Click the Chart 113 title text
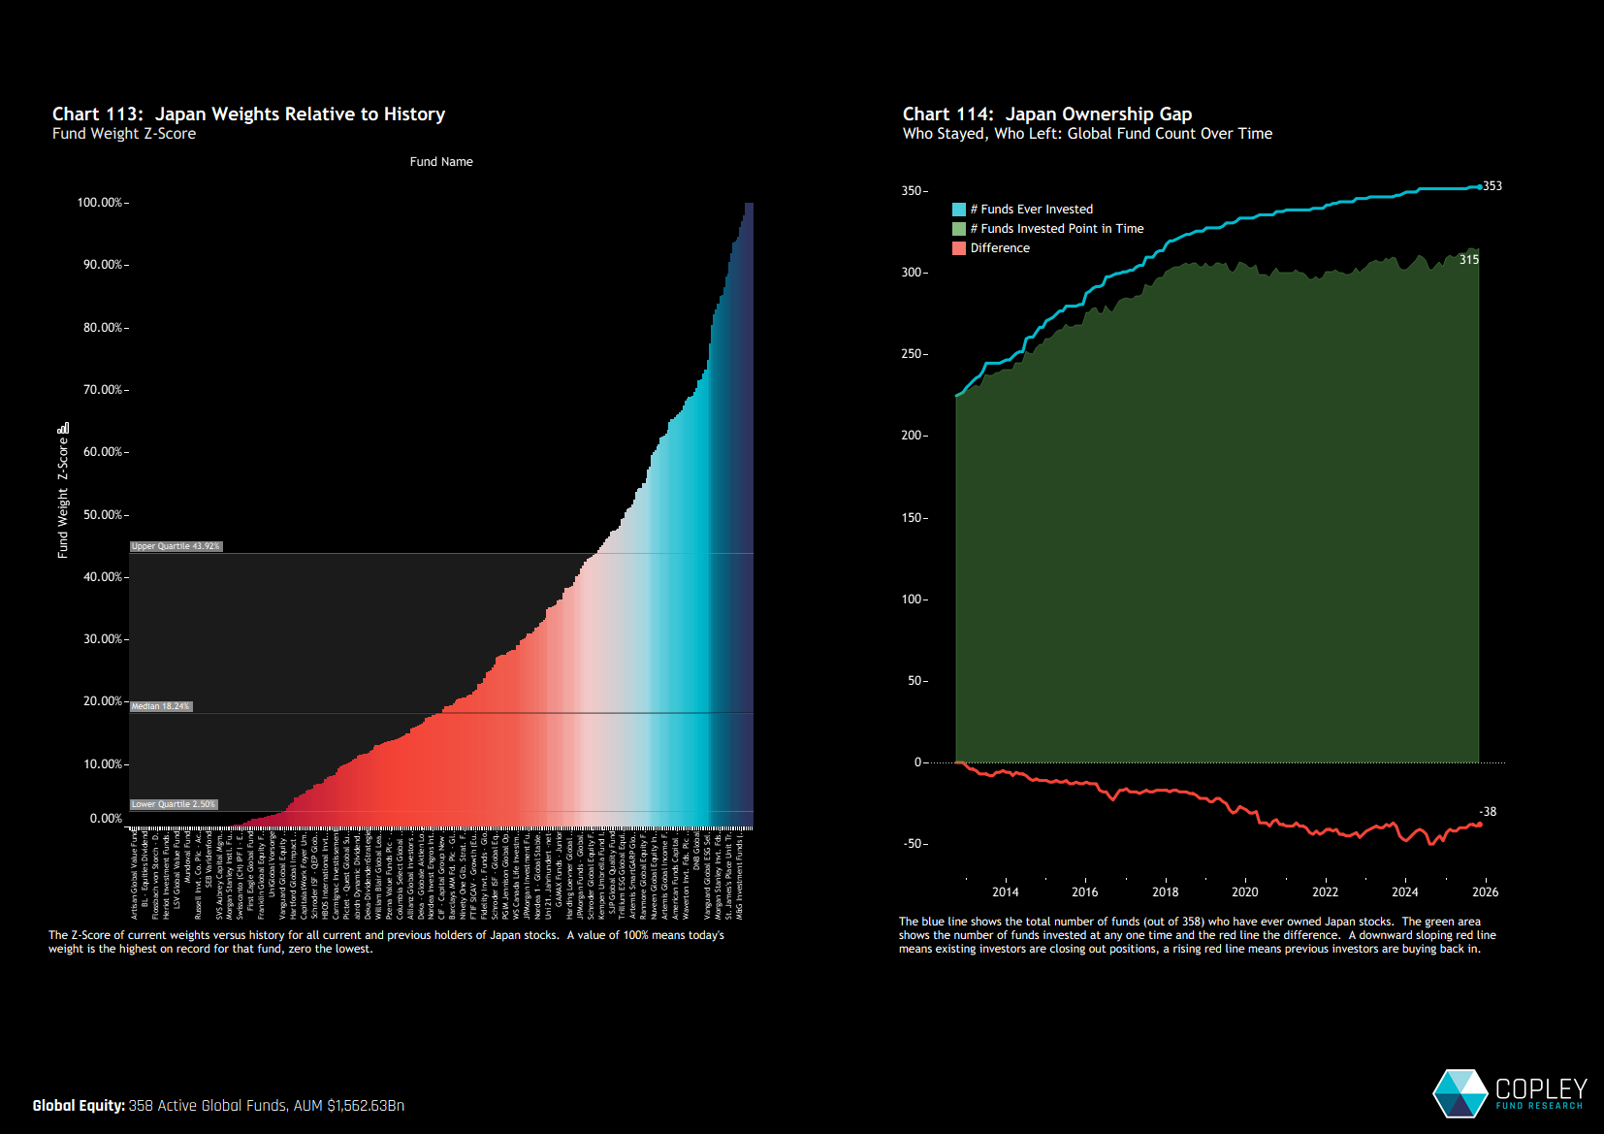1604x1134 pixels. coord(248,114)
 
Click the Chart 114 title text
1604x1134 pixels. coord(1046,114)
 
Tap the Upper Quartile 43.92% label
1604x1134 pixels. coord(176,546)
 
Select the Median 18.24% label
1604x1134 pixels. coord(161,706)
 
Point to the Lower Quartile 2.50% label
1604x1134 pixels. coord(174,804)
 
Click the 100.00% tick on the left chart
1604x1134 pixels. coord(100,203)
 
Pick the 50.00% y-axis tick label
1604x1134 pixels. coord(103,515)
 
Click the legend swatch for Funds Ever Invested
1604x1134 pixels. coord(959,210)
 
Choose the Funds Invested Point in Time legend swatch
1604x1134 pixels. coord(959,229)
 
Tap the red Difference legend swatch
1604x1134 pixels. coord(959,248)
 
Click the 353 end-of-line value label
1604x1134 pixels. coord(1492,186)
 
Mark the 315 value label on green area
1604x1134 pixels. coord(1469,260)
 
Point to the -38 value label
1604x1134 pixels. coord(1488,812)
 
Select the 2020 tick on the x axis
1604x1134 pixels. coord(1244,892)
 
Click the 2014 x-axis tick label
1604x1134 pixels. coord(1005,892)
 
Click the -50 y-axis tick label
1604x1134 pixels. coord(914,844)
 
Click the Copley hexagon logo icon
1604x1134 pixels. coord(1460,1093)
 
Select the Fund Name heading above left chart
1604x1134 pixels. coord(441,162)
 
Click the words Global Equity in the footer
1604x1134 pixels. coord(79,1106)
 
